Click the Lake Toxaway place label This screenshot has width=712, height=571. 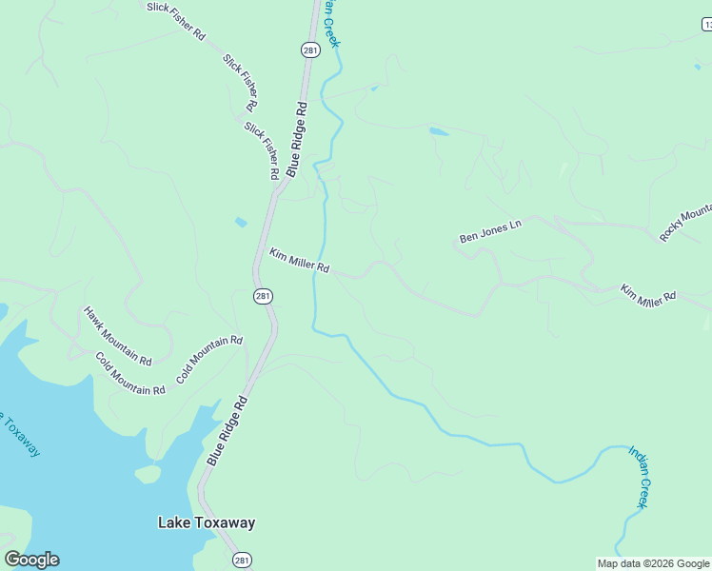point(206,522)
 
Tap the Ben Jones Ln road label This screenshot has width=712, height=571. point(490,231)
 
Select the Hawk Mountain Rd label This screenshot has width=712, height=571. point(117,336)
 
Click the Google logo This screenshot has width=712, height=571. point(31,560)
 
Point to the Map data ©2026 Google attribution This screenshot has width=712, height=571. point(653,563)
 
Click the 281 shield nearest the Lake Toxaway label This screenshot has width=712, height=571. point(243,560)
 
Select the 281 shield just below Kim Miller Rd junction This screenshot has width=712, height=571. point(264,297)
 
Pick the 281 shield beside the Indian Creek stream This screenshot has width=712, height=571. point(310,49)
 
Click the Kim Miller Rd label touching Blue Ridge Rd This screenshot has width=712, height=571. point(299,261)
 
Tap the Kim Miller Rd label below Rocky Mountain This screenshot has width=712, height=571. point(647,295)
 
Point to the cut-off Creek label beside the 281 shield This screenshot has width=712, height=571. point(329,24)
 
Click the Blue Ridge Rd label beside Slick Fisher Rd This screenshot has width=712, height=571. point(296,139)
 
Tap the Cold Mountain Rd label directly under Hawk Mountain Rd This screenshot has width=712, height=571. point(129,374)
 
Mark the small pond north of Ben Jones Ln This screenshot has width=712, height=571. point(438,131)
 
